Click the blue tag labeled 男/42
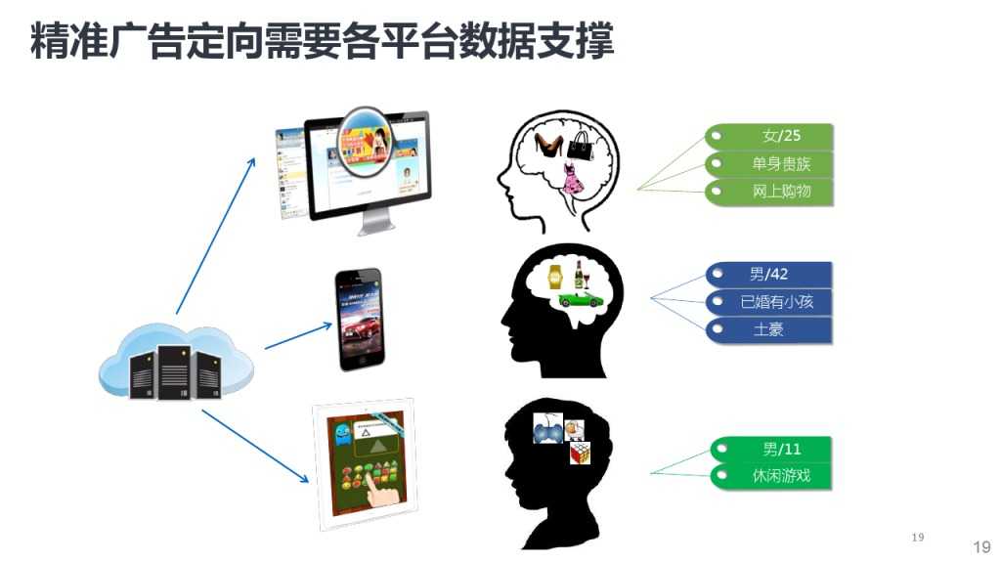coord(769,275)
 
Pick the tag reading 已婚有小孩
coord(769,302)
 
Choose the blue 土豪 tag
coord(769,330)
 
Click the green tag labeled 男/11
coord(771,450)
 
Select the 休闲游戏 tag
coord(771,477)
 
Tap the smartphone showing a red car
coord(359,320)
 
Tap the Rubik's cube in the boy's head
coord(582,453)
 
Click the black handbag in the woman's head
coord(582,147)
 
